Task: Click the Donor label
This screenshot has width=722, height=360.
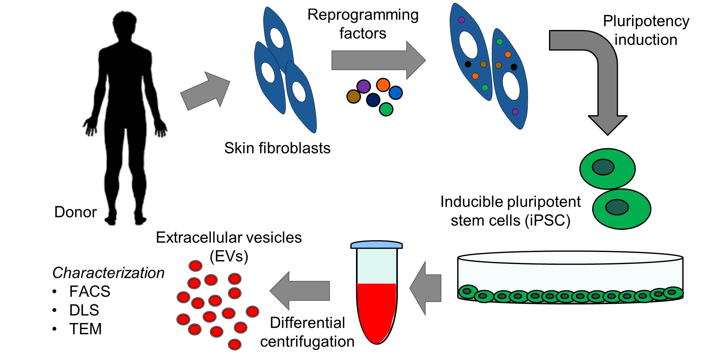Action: coord(75,212)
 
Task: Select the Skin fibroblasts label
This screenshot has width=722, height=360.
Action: coord(277,148)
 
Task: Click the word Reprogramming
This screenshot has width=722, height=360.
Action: coord(363,15)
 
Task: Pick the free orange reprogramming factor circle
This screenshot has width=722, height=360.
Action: coord(383,85)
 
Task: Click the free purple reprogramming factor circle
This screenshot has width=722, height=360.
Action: coord(363,86)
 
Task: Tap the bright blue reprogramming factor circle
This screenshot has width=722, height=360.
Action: coord(396,93)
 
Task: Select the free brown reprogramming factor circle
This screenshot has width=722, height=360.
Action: coord(354,96)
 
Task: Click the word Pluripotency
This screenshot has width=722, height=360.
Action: coord(646,22)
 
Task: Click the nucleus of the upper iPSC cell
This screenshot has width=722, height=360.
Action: coord(603,167)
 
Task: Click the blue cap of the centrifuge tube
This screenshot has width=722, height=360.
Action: coord(377,244)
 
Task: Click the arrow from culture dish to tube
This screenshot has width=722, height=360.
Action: coord(426,288)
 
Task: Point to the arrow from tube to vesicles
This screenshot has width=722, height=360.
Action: coord(300,291)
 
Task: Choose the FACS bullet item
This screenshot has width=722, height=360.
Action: coord(90,292)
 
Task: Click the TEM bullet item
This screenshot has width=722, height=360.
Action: coord(85,329)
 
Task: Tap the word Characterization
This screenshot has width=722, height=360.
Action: coord(108,273)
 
